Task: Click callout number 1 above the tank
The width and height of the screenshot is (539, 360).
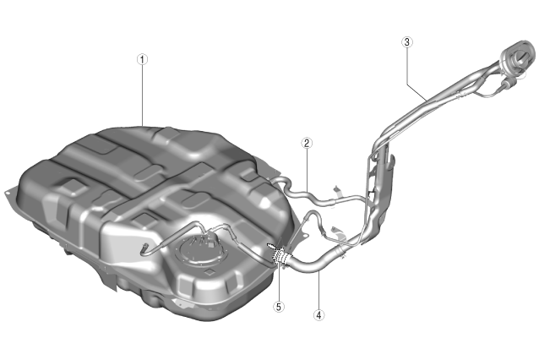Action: tap(142, 59)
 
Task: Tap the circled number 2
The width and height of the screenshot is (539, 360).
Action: tap(307, 143)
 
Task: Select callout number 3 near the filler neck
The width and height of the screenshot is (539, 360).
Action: tap(407, 42)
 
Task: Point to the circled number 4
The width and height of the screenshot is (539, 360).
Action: tap(319, 314)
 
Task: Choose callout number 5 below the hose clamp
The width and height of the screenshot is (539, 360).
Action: tap(279, 307)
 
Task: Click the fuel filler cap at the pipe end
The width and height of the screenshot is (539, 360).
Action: tap(518, 56)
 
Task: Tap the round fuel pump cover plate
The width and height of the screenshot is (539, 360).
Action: tap(199, 250)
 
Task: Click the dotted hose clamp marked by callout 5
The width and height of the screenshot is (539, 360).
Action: tap(280, 255)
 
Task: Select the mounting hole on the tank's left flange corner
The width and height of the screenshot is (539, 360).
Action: tap(8, 194)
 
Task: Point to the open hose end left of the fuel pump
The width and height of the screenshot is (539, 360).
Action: tap(144, 247)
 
